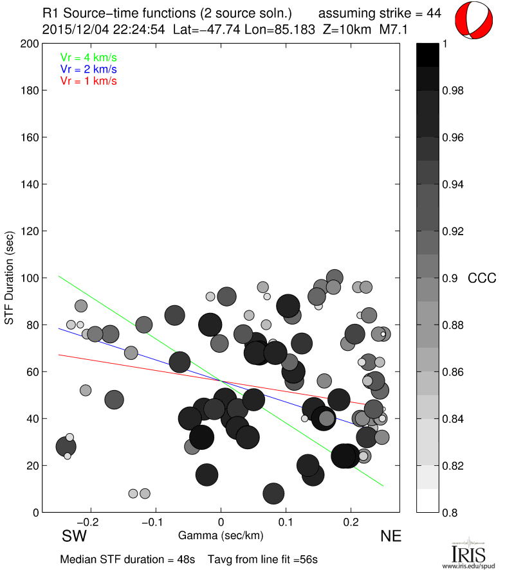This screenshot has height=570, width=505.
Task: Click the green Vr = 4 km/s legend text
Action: (x=88, y=57)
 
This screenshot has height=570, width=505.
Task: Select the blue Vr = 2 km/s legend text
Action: (x=88, y=69)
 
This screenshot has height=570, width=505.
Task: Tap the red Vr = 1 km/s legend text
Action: (x=88, y=80)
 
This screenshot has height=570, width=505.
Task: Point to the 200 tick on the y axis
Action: (x=29, y=44)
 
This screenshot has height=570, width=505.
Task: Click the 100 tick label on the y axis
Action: (x=29, y=278)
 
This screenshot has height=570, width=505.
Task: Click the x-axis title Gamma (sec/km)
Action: (x=221, y=535)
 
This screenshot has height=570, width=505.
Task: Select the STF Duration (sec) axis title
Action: (x=10, y=278)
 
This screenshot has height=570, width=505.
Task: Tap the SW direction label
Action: (x=75, y=536)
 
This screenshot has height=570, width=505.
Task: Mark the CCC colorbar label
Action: (x=482, y=278)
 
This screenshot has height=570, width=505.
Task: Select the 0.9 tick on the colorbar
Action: (x=449, y=278)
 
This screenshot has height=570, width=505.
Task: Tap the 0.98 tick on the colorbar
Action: (x=452, y=91)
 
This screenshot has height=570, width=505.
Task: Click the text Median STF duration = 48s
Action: (x=127, y=559)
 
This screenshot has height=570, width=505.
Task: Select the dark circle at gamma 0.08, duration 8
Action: (x=274, y=494)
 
